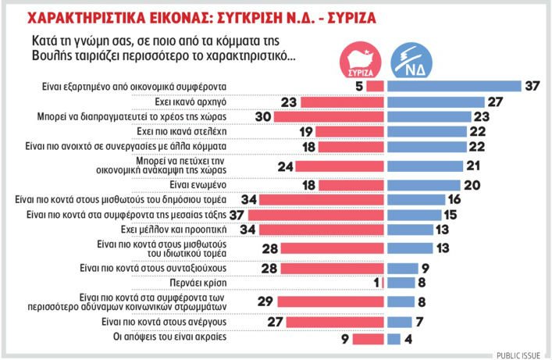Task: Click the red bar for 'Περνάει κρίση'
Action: pos(383,282)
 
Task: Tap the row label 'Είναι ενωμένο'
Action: pos(208,185)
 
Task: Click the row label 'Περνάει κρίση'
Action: pos(208,282)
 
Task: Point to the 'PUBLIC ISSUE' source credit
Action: pos(521,354)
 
